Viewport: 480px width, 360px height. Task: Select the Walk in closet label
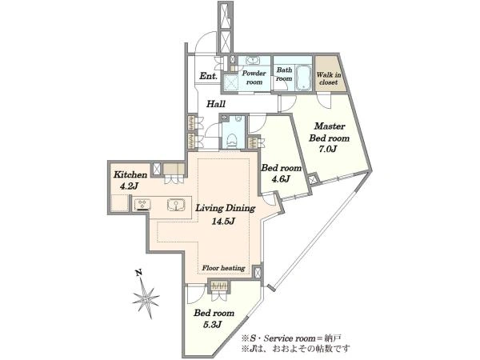click(x=328, y=78)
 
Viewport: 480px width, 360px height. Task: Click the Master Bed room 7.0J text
click(x=330, y=138)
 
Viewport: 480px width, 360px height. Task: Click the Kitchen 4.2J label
click(x=130, y=180)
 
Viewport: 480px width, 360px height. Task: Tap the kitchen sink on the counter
click(x=175, y=205)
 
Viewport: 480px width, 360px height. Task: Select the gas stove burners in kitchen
click(x=142, y=205)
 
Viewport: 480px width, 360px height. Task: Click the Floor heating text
click(x=223, y=268)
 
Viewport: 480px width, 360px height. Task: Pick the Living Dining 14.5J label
click(x=226, y=214)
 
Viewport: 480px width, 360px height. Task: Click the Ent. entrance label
click(x=208, y=76)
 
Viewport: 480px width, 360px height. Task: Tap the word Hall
click(x=216, y=104)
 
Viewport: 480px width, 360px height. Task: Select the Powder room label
click(x=254, y=78)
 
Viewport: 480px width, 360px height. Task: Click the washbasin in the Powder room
click(x=253, y=60)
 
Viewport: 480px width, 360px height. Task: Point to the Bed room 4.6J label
click(x=281, y=173)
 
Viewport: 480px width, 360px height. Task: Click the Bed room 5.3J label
click(x=214, y=318)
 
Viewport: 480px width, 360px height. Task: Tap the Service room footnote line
click(x=291, y=338)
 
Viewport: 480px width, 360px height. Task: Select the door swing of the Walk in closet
click(x=324, y=100)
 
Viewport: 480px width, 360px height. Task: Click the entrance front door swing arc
click(x=206, y=42)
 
